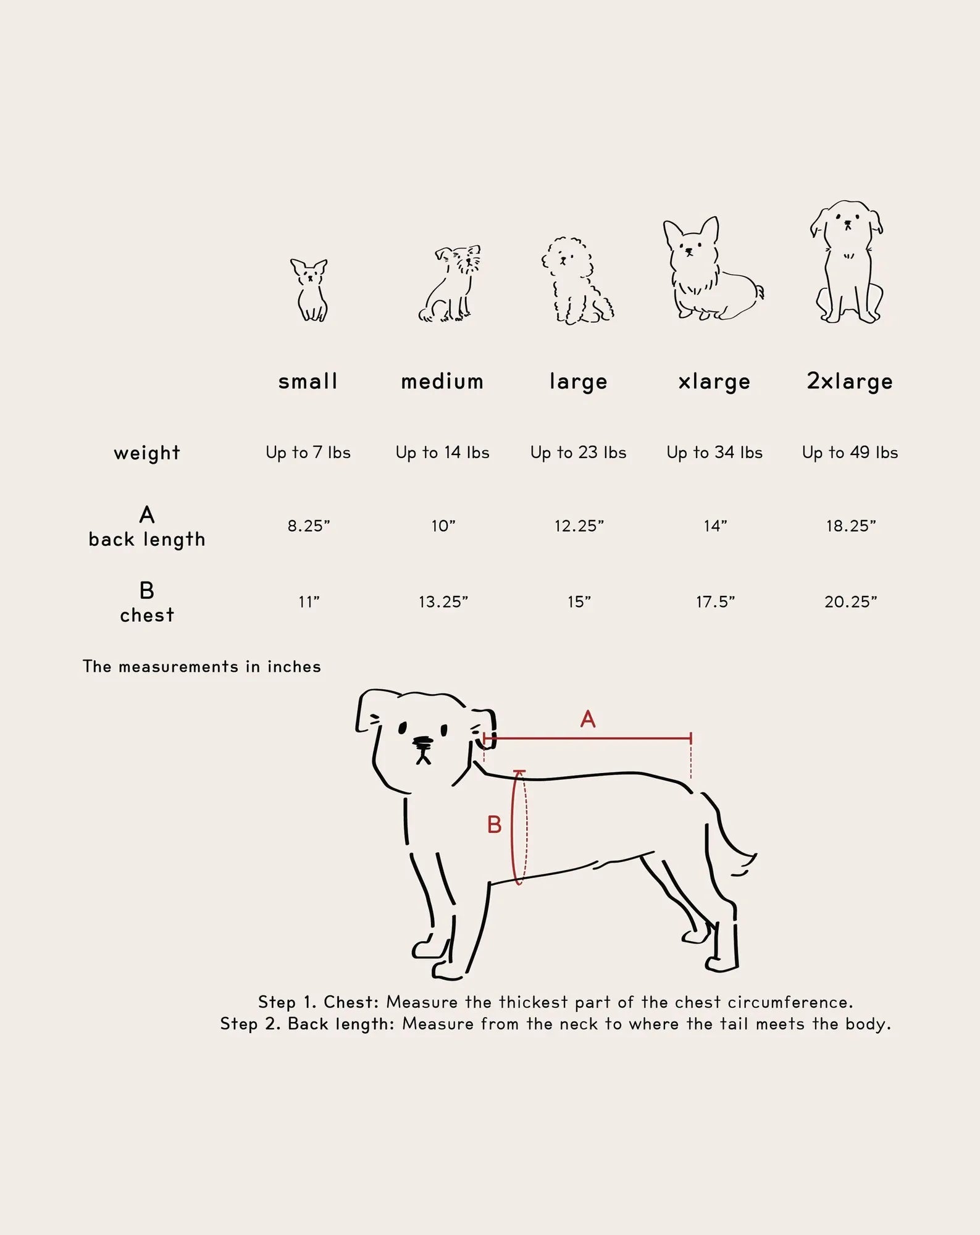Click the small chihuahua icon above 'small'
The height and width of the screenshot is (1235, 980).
[309, 290]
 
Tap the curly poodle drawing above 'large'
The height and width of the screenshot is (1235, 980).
[577, 280]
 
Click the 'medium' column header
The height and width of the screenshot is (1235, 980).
[442, 381]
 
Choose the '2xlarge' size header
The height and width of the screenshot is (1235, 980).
[850, 382]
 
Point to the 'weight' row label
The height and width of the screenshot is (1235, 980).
[147, 453]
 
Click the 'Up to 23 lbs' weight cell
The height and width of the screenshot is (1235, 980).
[579, 453]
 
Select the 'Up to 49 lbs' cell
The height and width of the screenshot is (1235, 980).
[850, 453]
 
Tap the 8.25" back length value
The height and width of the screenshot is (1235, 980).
[309, 526]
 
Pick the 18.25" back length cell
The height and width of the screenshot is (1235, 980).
[851, 526]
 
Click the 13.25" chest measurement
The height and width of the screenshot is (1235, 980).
[443, 602]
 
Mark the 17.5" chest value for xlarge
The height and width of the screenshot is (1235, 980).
[715, 602]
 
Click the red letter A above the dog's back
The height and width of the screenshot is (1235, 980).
[588, 719]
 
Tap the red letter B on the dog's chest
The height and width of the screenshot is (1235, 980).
[494, 824]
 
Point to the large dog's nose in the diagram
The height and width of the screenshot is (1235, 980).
[423, 741]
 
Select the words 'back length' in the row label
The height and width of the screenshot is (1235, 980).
[147, 540]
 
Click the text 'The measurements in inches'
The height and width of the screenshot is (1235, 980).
[202, 667]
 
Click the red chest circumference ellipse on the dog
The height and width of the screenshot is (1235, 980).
[513, 827]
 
